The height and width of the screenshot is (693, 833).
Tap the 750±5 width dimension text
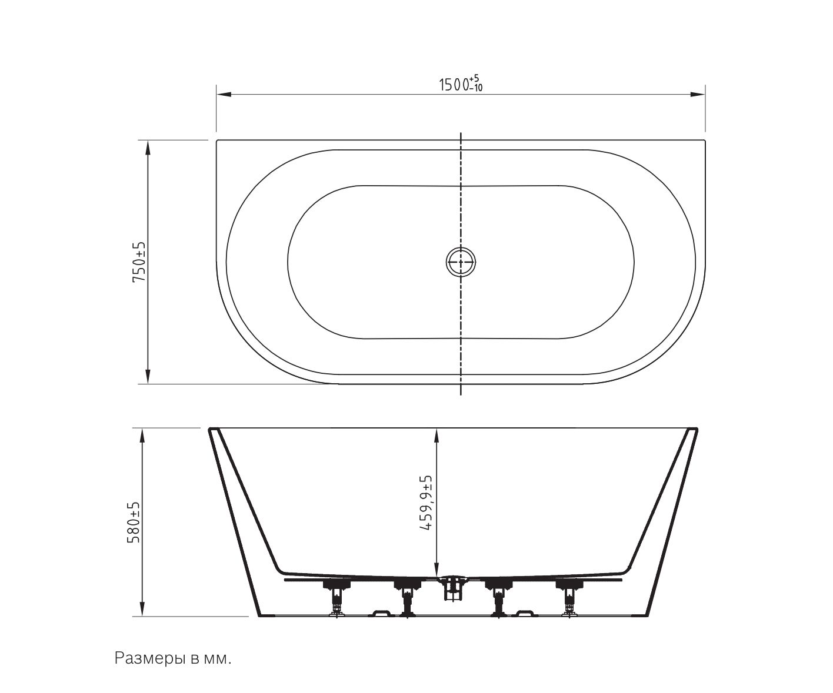tap(139, 262)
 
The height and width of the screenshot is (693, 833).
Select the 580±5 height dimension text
tap(134, 522)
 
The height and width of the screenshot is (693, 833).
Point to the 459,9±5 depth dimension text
tap(426, 503)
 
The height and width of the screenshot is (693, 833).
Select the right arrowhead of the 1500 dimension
tap(698, 95)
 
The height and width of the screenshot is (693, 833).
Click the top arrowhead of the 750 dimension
tap(148, 148)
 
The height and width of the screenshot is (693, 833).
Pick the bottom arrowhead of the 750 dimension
tap(148, 376)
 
